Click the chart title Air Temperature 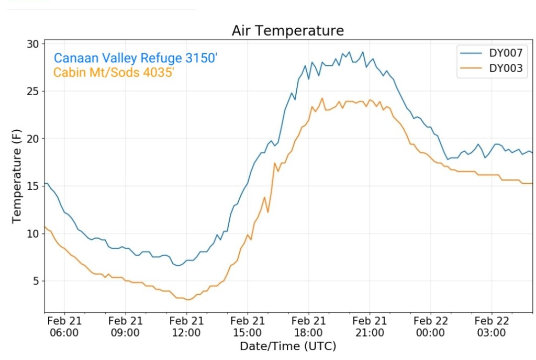click(288, 31)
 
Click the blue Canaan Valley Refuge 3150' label click(136, 58)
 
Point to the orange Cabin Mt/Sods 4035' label click(114, 72)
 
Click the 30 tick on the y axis click(33, 44)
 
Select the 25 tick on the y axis click(33, 92)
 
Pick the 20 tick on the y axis click(33, 139)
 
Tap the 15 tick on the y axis click(33, 186)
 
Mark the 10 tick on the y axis click(33, 234)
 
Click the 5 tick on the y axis click(36, 282)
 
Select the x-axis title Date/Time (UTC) click(288, 346)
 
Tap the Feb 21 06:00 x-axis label click(64, 327)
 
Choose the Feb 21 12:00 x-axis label click(186, 327)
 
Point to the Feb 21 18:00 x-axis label click(308, 327)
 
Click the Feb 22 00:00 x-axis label click(430, 327)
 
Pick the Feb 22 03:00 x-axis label click(492, 327)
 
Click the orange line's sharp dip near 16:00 click(268, 212)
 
